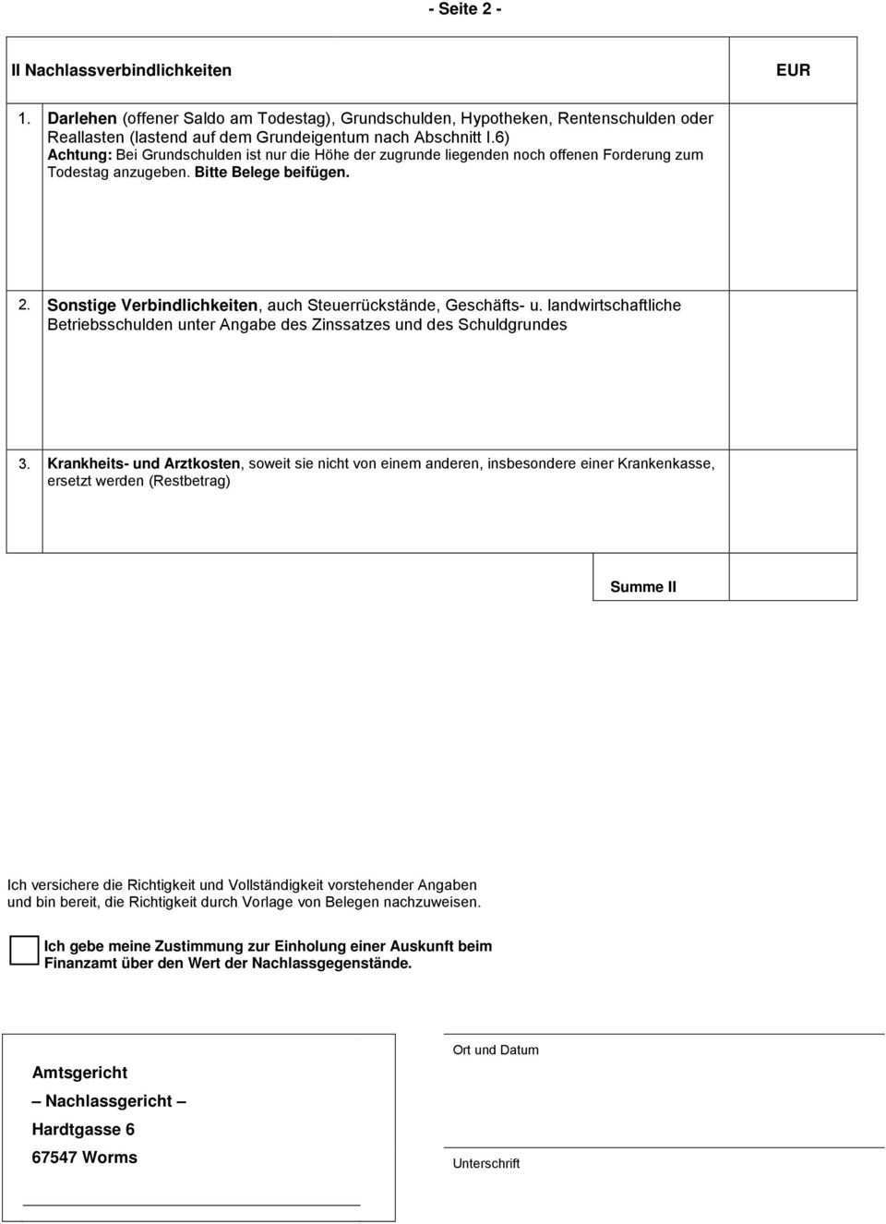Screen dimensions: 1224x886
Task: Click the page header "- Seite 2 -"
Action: pos(464,9)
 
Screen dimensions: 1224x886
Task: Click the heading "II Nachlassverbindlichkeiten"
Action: pos(121,70)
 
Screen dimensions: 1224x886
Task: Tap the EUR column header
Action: pos(793,70)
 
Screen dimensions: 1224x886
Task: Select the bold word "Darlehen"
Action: pos(82,118)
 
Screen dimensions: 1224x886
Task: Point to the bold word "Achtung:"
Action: pos(79,155)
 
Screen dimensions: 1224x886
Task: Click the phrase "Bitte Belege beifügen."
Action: pos(272,173)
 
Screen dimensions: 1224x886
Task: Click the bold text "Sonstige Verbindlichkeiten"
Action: pos(152,306)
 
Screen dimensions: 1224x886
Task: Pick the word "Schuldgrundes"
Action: pos(512,325)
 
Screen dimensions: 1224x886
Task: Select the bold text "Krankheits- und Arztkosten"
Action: pos(144,463)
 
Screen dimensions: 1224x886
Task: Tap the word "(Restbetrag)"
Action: pos(189,481)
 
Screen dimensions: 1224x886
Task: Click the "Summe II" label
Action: pos(643,587)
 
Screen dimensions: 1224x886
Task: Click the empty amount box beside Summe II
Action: pos(793,578)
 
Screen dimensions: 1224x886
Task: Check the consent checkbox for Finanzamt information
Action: pos(24,950)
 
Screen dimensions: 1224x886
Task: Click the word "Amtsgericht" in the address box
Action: pos(79,1073)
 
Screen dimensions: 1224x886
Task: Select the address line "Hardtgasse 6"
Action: pos(83,1130)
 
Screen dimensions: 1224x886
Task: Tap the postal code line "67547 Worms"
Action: pos(84,1158)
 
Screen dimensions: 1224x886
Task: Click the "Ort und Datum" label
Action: pos(496,1050)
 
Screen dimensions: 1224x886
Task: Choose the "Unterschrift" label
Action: pos(486,1164)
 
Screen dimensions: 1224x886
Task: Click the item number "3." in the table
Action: pos(25,463)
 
